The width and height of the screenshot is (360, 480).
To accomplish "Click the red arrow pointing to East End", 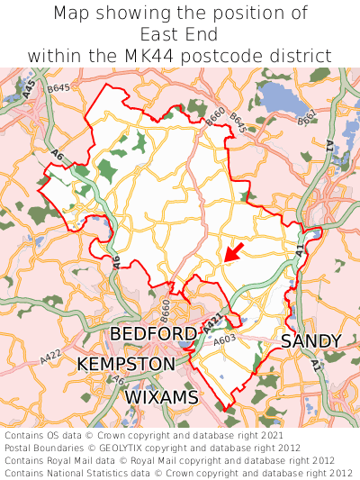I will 234,251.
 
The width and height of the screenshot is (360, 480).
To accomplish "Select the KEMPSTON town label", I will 126,365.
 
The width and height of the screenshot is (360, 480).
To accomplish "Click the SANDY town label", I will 311,341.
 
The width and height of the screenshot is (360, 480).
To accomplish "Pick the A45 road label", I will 30,89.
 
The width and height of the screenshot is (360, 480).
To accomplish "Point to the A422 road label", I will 51,358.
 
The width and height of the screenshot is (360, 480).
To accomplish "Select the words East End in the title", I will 180,34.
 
